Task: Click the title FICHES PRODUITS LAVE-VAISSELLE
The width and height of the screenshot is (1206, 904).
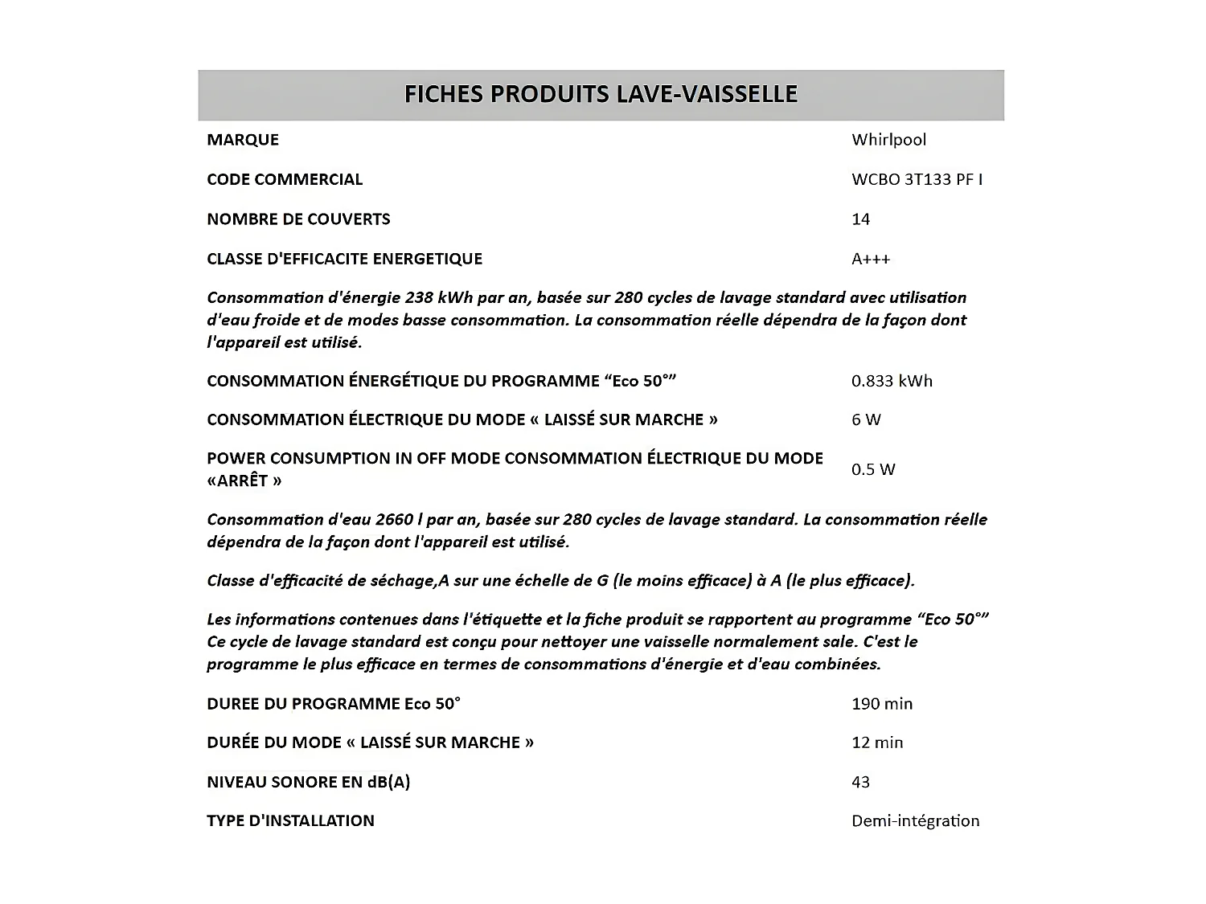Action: click(x=601, y=94)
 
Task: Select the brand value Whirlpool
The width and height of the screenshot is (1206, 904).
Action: click(x=888, y=140)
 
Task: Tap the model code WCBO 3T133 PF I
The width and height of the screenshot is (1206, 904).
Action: click(x=917, y=179)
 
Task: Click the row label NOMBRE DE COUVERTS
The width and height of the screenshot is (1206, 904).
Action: click(x=298, y=219)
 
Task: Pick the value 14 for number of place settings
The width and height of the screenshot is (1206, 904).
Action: click(x=860, y=219)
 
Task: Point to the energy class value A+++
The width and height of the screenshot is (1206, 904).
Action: click(x=871, y=259)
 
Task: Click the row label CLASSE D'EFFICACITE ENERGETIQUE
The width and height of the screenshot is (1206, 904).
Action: click(x=344, y=259)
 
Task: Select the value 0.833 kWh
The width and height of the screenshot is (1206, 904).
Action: click(x=892, y=381)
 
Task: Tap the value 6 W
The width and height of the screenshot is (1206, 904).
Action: click(x=866, y=419)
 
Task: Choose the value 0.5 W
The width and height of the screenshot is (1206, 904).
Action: click(x=873, y=469)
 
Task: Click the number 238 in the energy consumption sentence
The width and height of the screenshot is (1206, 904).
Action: click(x=419, y=297)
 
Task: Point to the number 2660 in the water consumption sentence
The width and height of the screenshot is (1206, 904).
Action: click(x=394, y=519)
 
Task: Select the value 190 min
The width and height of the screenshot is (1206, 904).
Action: click(x=882, y=704)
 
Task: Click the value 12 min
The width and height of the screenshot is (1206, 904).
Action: click(x=877, y=742)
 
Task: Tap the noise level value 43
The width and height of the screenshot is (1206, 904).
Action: click(x=860, y=782)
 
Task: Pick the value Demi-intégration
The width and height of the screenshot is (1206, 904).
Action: click(x=915, y=820)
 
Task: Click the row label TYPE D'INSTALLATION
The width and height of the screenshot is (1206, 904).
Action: click(x=290, y=820)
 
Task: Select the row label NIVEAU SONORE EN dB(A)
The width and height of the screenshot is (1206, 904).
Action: click(x=308, y=782)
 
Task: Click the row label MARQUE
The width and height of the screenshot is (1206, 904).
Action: click(x=243, y=140)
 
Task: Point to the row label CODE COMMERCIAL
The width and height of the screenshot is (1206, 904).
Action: click(x=285, y=179)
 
